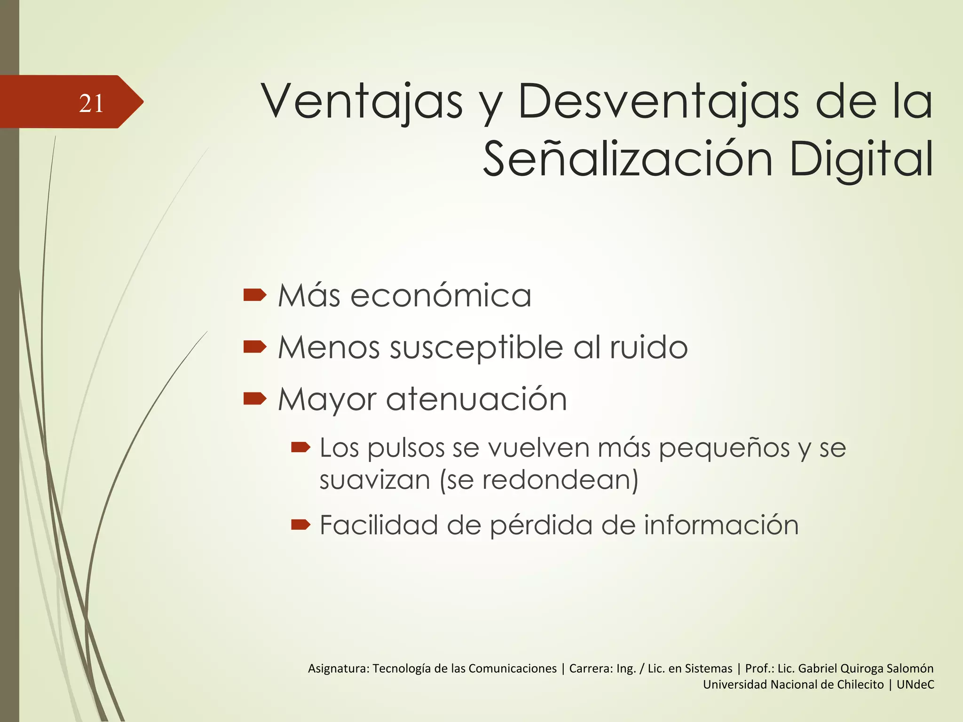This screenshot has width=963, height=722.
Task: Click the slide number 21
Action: point(91,103)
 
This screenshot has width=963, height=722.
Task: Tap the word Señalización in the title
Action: point(628,160)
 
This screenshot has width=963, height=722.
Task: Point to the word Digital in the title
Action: point(861,160)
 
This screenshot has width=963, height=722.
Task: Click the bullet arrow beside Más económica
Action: point(255,295)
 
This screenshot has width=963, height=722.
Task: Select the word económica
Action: point(441,296)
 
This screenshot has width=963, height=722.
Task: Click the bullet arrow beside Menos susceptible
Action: point(255,347)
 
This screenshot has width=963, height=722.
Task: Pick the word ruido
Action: point(648,347)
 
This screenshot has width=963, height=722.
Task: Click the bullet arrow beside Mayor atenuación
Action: point(255,399)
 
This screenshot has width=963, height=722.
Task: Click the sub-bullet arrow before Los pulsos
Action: point(300,447)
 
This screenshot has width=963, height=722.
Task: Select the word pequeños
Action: point(724,449)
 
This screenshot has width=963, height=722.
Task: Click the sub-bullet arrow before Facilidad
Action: point(300,524)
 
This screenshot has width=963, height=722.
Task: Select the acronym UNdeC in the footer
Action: point(915,684)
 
